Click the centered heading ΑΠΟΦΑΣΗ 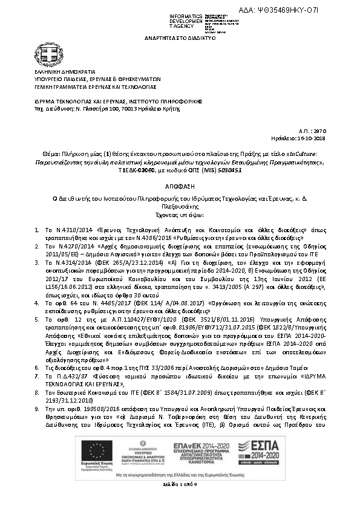[x=180, y=187]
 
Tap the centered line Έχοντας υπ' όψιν [x=180, y=214]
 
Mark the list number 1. [x=38, y=231]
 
